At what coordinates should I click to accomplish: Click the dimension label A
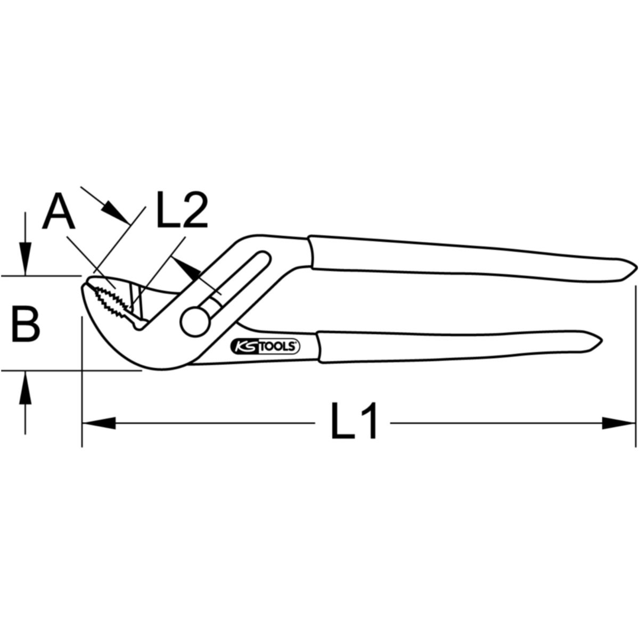(x=59, y=212)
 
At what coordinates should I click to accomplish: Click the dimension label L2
(x=182, y=210)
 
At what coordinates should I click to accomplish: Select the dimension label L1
(x=354, y=421)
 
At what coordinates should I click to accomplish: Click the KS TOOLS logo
(x=265, y=346)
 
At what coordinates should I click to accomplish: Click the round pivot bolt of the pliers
(x=195, y=322)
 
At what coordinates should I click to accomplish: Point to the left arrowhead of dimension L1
(x=99, y=423)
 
